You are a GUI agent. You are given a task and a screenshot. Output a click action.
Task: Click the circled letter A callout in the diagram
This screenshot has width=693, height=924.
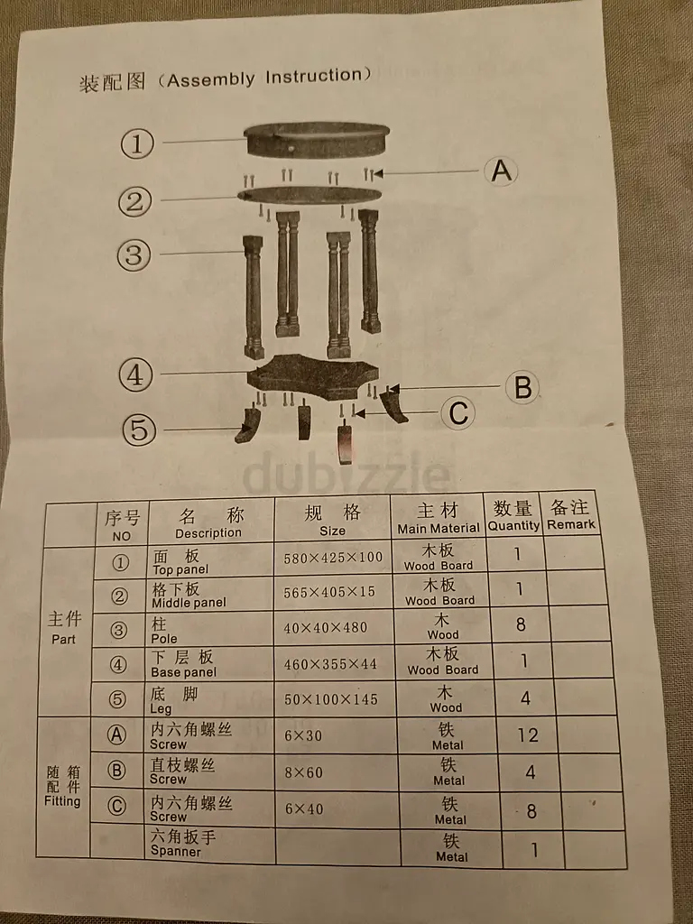click(501, 171)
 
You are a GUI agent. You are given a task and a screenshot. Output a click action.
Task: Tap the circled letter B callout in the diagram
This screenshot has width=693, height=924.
click(522, 388)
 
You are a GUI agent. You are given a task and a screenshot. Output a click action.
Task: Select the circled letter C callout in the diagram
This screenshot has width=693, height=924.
click(458, 413)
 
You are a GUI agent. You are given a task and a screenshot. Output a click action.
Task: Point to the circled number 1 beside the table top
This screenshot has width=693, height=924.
click(137, 143)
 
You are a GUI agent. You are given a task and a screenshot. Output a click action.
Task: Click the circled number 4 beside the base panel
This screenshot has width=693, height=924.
click(135, 374)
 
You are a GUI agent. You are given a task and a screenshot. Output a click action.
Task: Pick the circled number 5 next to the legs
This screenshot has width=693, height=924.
click(139, 429)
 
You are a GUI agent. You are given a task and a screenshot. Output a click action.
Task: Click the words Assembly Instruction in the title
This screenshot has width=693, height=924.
click(264, 78)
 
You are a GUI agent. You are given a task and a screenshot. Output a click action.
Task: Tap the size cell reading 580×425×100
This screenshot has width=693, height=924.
click(333, 558)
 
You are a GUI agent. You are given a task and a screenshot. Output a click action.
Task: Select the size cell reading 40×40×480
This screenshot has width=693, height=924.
click(325, 628)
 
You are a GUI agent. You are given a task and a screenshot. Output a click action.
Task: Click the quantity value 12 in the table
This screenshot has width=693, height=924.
click(527, 735)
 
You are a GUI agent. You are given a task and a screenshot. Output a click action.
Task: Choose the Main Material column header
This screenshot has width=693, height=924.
click(438, 518)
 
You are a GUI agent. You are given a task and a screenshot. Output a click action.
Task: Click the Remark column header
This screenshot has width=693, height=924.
click(570, 515)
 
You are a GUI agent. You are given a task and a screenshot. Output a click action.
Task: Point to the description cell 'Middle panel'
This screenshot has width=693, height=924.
click(189, 602)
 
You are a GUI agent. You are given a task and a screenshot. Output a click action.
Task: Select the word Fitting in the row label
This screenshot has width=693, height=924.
click(62, 801)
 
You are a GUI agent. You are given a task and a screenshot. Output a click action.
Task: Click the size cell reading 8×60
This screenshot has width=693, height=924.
click(303, 772)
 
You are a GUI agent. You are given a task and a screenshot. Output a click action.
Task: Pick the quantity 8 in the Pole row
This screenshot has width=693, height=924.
click(521, 624)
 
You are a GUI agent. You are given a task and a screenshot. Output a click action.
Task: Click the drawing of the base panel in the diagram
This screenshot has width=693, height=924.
click(312, 376)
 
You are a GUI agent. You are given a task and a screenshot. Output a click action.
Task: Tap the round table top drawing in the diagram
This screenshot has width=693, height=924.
click(317, 140)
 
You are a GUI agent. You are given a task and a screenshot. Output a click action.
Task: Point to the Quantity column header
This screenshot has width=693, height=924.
click(513, 515)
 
